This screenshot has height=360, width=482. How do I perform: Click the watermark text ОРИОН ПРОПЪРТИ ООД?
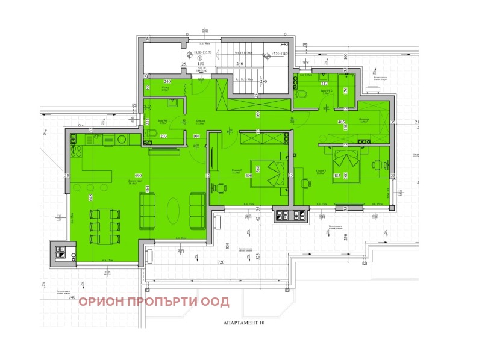pos(154,302)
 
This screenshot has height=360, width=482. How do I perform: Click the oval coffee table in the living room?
pos(172,210)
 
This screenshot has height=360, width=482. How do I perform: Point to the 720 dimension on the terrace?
pos(221,263)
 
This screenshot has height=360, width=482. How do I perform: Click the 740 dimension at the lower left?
pos(72,297)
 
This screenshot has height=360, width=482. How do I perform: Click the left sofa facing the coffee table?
pos(146,210)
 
